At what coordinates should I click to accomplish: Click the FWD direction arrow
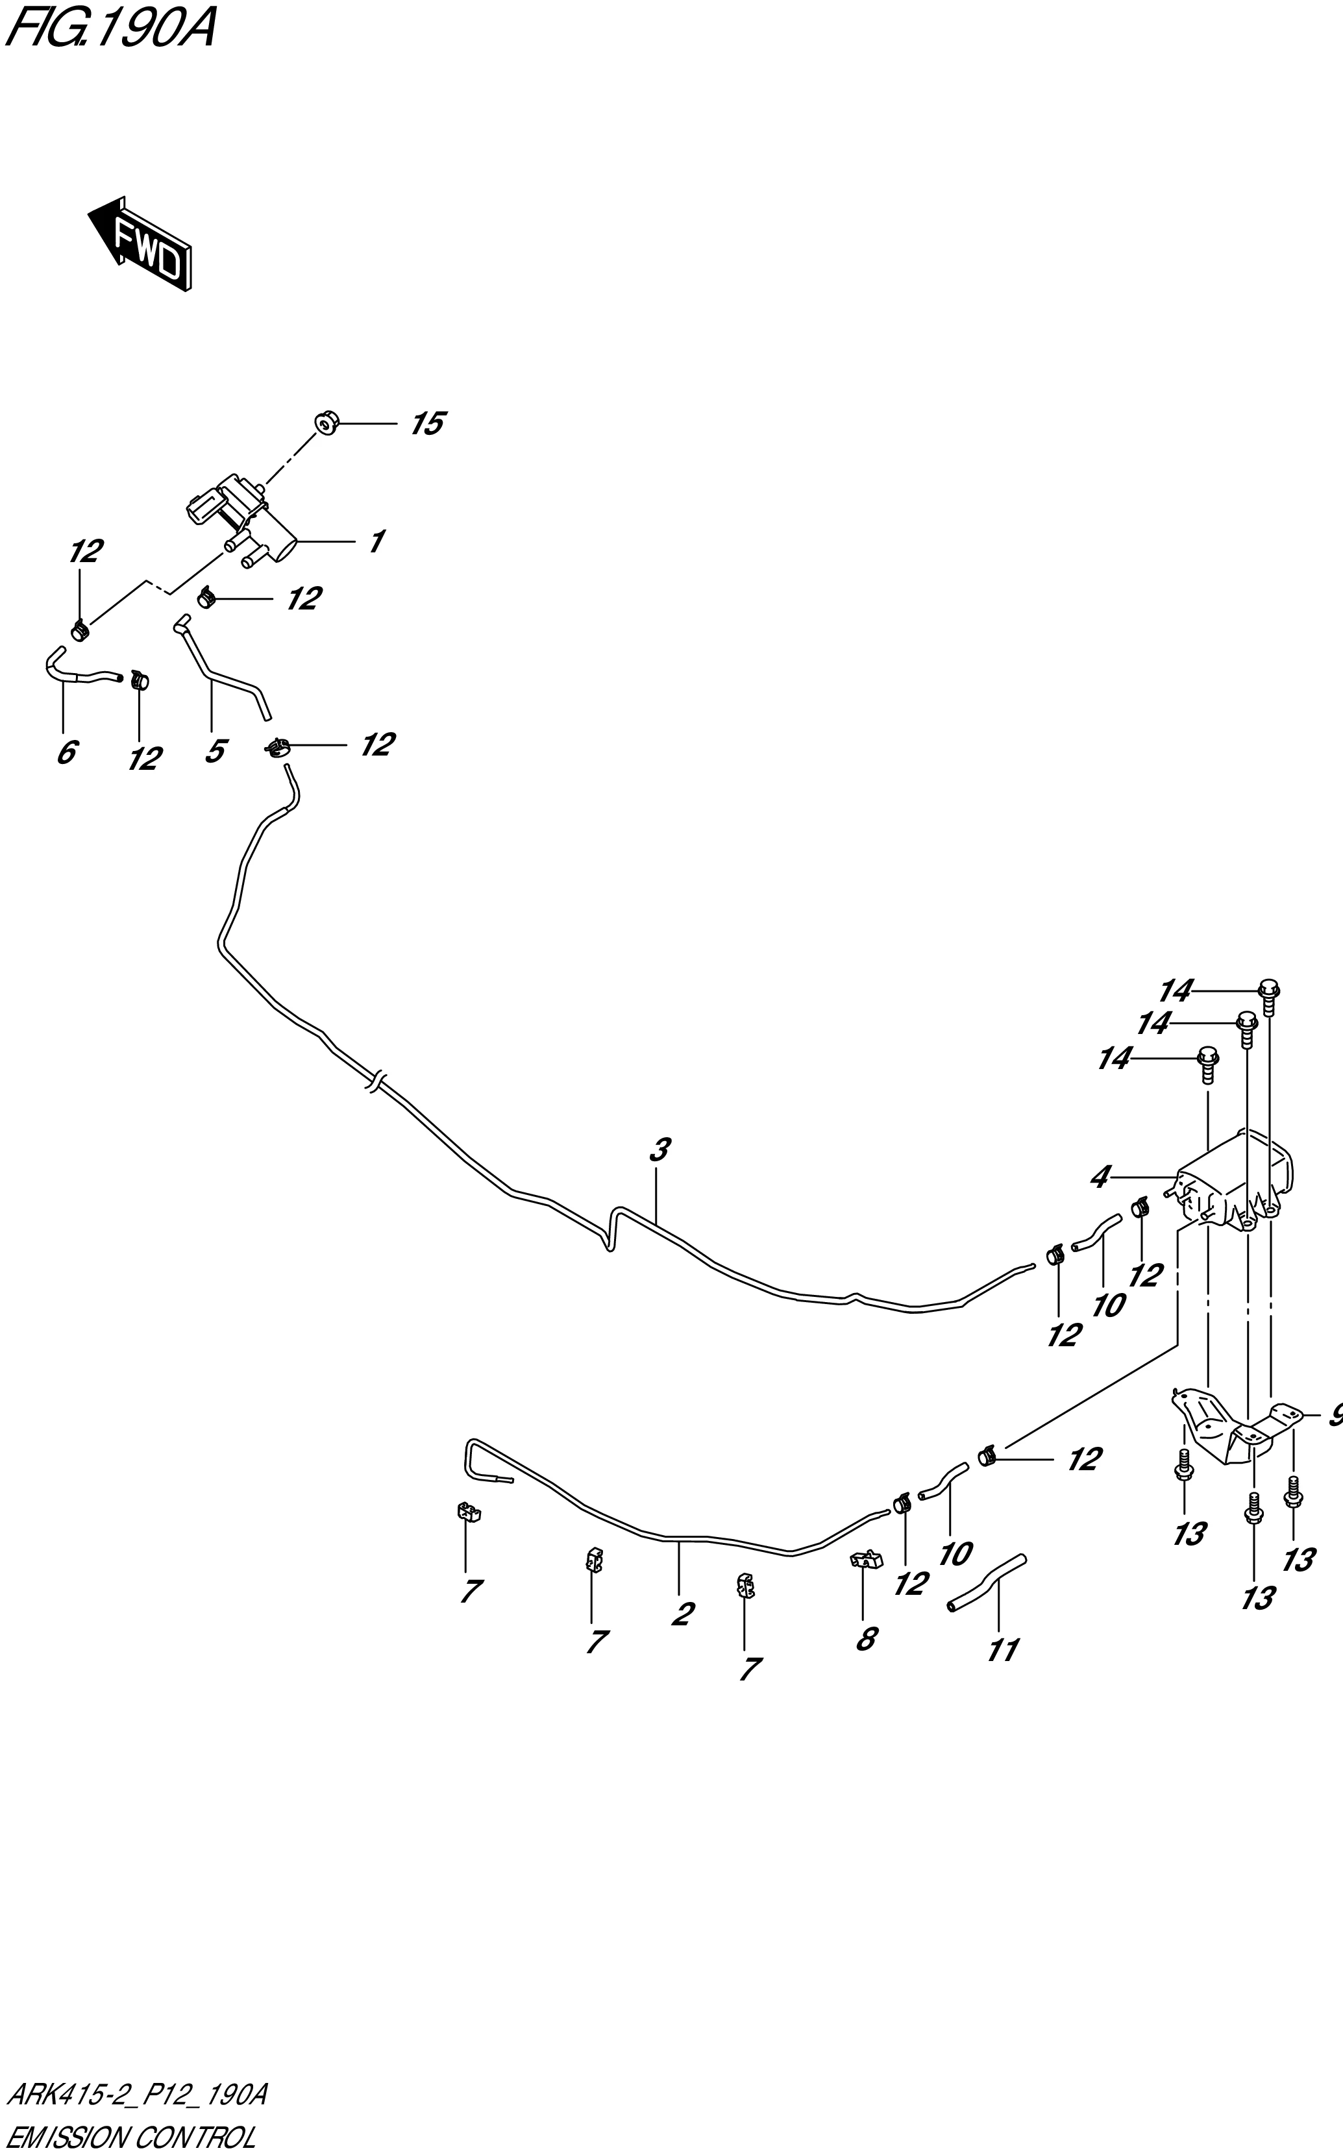140,242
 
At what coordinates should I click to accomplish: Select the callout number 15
426,425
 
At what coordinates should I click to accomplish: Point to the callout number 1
376,541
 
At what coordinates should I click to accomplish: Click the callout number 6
66,753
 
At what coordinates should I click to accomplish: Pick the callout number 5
214,751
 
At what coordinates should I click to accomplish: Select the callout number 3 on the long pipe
658,1150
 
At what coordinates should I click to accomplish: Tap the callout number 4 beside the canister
1100,1178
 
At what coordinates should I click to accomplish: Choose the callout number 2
682,1614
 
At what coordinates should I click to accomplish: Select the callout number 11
1003,1650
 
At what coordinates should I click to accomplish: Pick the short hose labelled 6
80,671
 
